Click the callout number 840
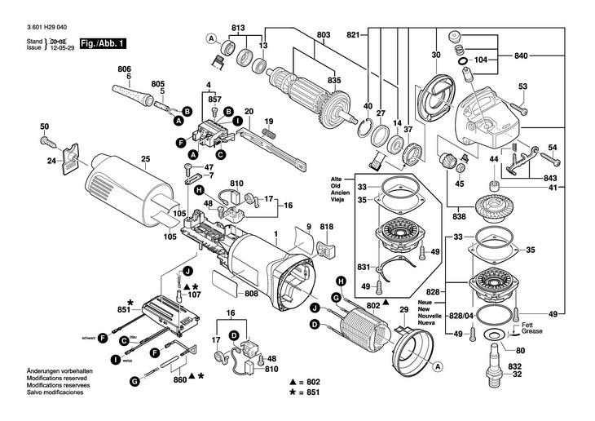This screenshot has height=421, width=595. point(522,55)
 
